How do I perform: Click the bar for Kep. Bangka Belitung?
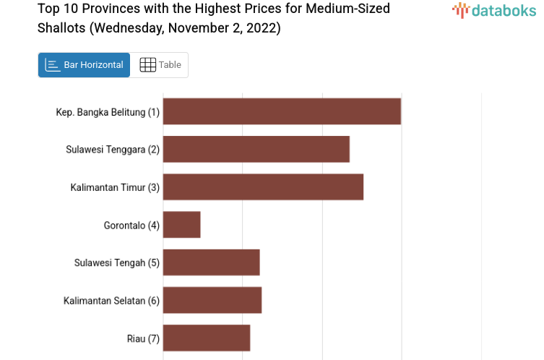tap(282, 111)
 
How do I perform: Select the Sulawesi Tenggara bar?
tap(256, 149)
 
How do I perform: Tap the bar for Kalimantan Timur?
tap(263, 187)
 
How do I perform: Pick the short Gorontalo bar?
tap(182, 225)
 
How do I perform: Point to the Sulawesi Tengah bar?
tap(212, 262)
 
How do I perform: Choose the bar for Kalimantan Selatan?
tap(212, 300)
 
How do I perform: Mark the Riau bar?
tap(207, 338)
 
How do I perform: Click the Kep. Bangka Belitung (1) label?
tap(108, 112)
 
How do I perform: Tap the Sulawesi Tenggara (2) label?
tap(113, 150)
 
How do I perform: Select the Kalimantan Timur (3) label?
tap(115, 187)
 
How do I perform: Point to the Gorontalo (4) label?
tap(131, 225)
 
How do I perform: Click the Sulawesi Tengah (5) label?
tap(116, 262)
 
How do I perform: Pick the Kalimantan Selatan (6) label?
tap(111, 300)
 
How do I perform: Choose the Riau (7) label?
tap(142, 338)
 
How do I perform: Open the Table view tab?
tap(160, 65)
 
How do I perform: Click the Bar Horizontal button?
tap(84, 65)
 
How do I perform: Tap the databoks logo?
tap(494, 10)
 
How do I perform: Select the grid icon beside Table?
tap(147, 65)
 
